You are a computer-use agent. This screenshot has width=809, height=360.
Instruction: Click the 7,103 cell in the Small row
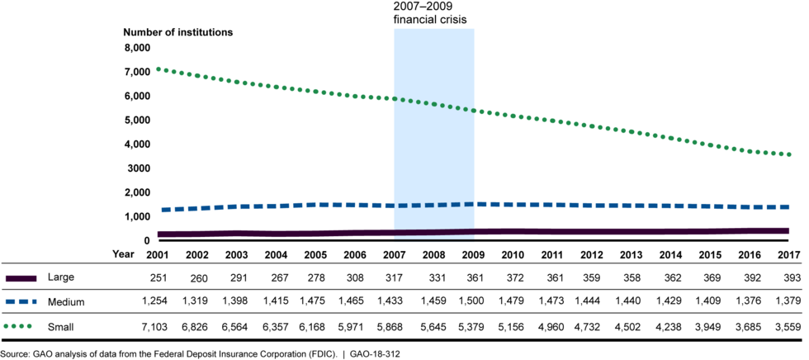[154, 327]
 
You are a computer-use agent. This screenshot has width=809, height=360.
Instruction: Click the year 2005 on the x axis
[315, 253]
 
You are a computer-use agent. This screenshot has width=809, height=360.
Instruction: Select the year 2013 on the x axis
[629, 253]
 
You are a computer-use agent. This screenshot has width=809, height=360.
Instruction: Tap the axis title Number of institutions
[178, 32]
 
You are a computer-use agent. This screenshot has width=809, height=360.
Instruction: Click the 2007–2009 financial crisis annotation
[434, 12]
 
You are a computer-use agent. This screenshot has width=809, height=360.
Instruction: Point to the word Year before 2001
[123, 253]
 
